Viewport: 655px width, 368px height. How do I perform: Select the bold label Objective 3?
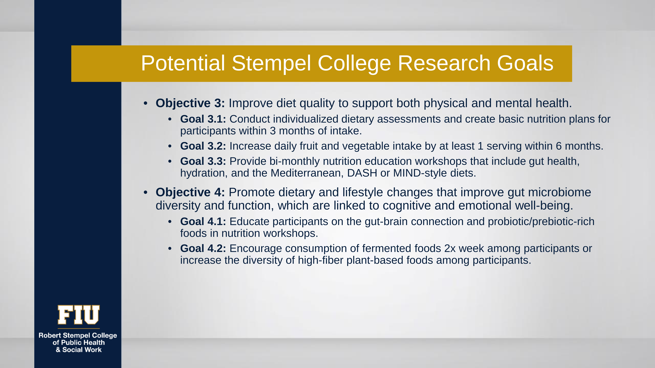[190, 103]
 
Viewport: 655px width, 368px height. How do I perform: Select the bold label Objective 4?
[190, 192]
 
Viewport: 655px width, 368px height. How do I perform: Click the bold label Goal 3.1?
[203, 119]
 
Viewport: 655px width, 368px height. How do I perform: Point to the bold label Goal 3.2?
[203, 146]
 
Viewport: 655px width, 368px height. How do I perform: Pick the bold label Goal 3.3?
[203, 161]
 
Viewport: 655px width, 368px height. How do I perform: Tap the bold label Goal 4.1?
[203, 221]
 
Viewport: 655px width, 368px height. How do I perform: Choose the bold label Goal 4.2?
[203, 248]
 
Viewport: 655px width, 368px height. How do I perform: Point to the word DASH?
[362, 173]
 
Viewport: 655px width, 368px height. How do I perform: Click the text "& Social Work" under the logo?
[79, 350]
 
